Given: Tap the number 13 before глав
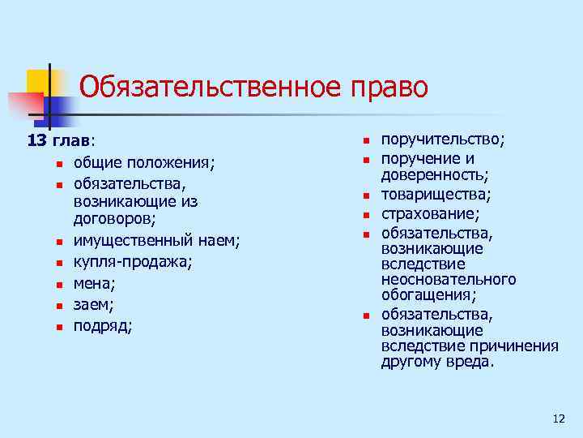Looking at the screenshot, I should tap(37, 141).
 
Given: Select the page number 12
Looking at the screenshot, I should tap(558, 419).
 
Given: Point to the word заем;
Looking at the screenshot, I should tap(94, 305).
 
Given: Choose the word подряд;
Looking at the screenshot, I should tap(104, 326).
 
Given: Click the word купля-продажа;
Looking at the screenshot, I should tap(133, 263).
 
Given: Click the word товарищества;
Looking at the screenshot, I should tap(436, 195).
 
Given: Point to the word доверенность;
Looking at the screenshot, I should tap(435, 174).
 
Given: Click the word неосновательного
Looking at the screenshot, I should tap(449, 279).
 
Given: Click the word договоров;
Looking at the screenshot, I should tap(114, 217).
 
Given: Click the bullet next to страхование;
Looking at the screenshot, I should tap(366, 215).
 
